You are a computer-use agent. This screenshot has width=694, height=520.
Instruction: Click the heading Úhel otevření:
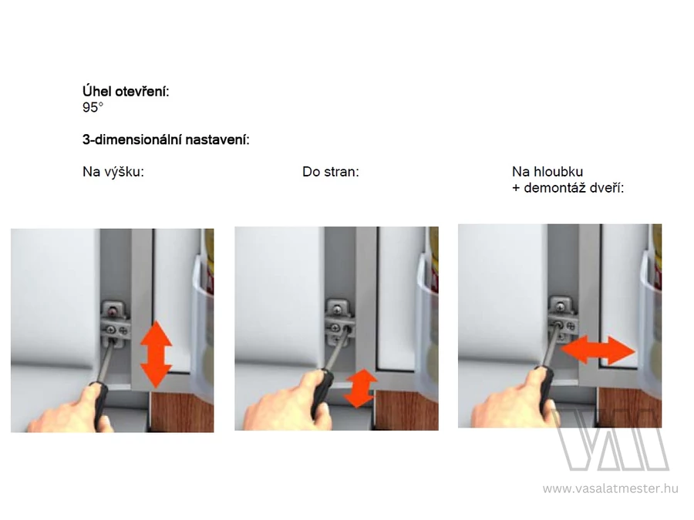126,92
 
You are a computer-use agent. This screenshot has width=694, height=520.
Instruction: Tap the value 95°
93,107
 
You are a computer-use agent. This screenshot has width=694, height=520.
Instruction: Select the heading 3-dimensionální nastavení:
166,139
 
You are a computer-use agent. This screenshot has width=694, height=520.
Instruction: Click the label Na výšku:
113,172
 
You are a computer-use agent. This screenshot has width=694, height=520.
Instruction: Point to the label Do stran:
331,172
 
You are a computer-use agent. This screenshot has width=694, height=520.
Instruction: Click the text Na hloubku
547,172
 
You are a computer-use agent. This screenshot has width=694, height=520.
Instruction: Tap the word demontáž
554,188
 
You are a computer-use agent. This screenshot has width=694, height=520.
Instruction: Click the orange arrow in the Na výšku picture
156,354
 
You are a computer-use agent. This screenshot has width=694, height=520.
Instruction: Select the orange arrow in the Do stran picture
360,388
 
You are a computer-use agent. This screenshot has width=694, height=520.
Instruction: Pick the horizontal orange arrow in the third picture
598,351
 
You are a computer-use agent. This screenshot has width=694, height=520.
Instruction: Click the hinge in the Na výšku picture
115,324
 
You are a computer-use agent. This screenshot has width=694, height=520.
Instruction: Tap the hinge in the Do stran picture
340,322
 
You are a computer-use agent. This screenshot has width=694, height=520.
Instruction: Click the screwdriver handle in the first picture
99,404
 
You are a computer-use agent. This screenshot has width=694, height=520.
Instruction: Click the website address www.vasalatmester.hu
611,488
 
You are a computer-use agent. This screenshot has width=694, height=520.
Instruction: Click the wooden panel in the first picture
182,411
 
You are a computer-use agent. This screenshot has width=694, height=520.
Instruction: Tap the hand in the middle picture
288,401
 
